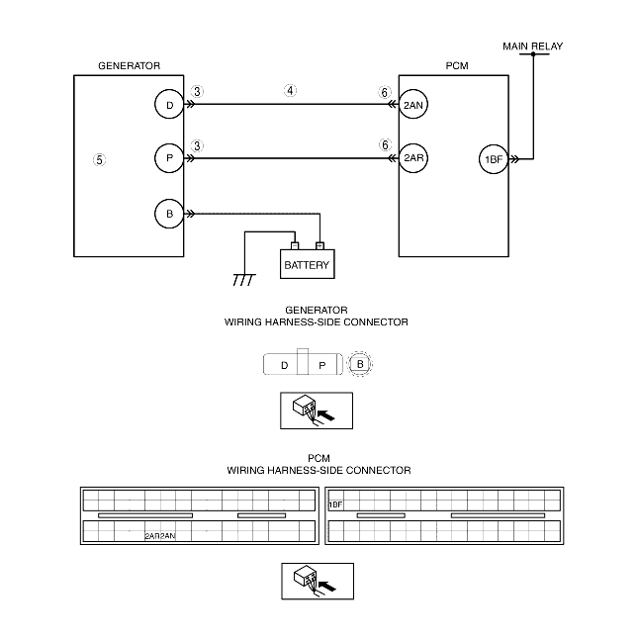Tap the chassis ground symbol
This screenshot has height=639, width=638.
(x=244, y=280)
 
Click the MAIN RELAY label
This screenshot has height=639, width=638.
(x=532, y=46)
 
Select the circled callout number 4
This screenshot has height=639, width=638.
(x=290, y=90)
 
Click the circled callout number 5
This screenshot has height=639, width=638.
(x=99, y=160)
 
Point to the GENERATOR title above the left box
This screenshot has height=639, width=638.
(x=130, y=65)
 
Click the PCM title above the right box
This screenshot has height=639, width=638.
(x=457, y=65)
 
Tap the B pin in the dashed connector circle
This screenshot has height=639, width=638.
(x=360, y=364)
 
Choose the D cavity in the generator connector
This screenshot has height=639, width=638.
(x=284, y=365)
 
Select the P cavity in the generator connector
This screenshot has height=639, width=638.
(x=322, y=365)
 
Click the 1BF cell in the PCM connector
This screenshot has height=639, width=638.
(x=335, y=504)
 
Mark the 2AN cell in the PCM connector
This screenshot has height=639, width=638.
(x=168, y=536)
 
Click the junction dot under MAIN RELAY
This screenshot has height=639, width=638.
(x=533, y=54)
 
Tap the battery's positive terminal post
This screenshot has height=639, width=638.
(x=319, y=245)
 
